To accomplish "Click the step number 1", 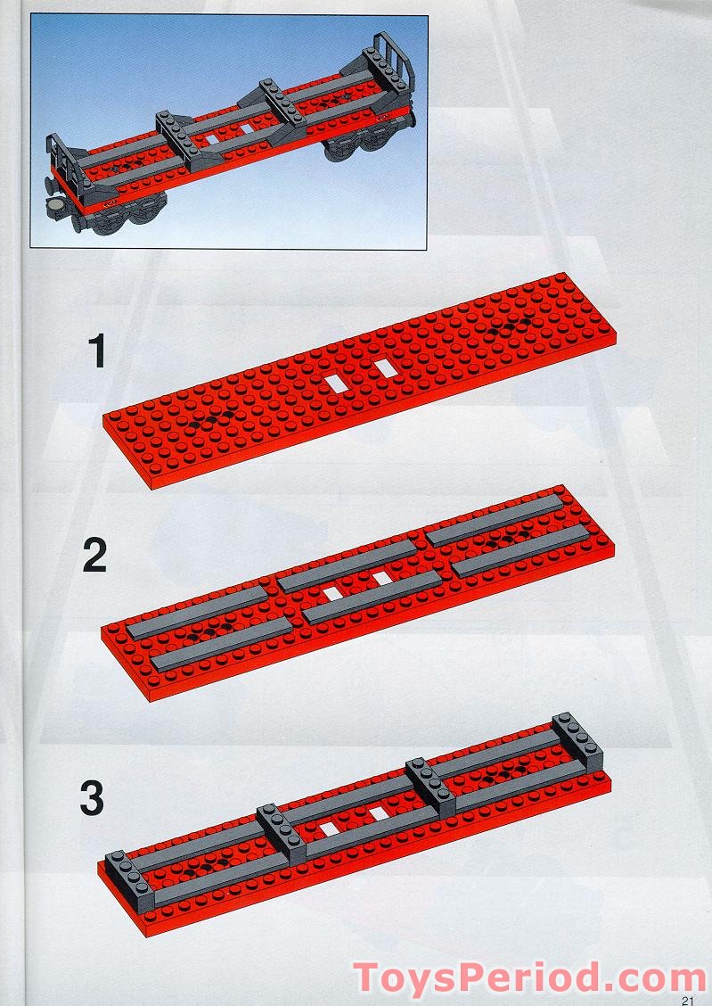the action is tap(97, 352).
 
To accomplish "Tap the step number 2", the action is tap(94, 556).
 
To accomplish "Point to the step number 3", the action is tap(93, 799).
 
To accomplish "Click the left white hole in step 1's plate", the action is tap(335, 383).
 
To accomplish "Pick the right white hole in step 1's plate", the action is tap(384, 367).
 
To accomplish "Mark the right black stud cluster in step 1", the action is tap(511, 326).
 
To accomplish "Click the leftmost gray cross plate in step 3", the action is tap(130, 881).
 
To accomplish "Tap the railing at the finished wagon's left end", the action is tap(64, 160).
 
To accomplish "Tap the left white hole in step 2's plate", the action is tap(332, 593).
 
